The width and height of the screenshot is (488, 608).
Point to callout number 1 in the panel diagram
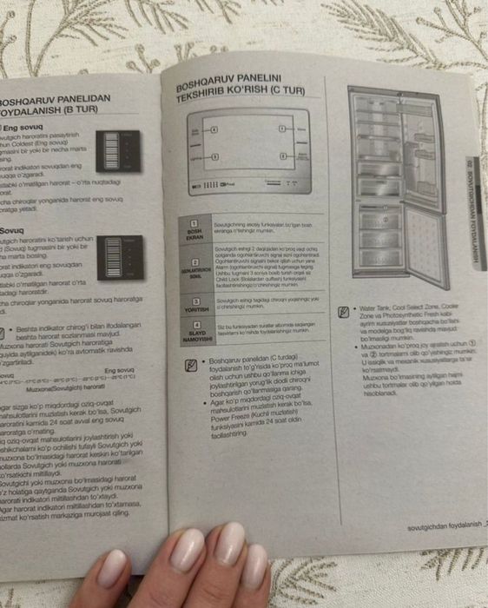(214, 129)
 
